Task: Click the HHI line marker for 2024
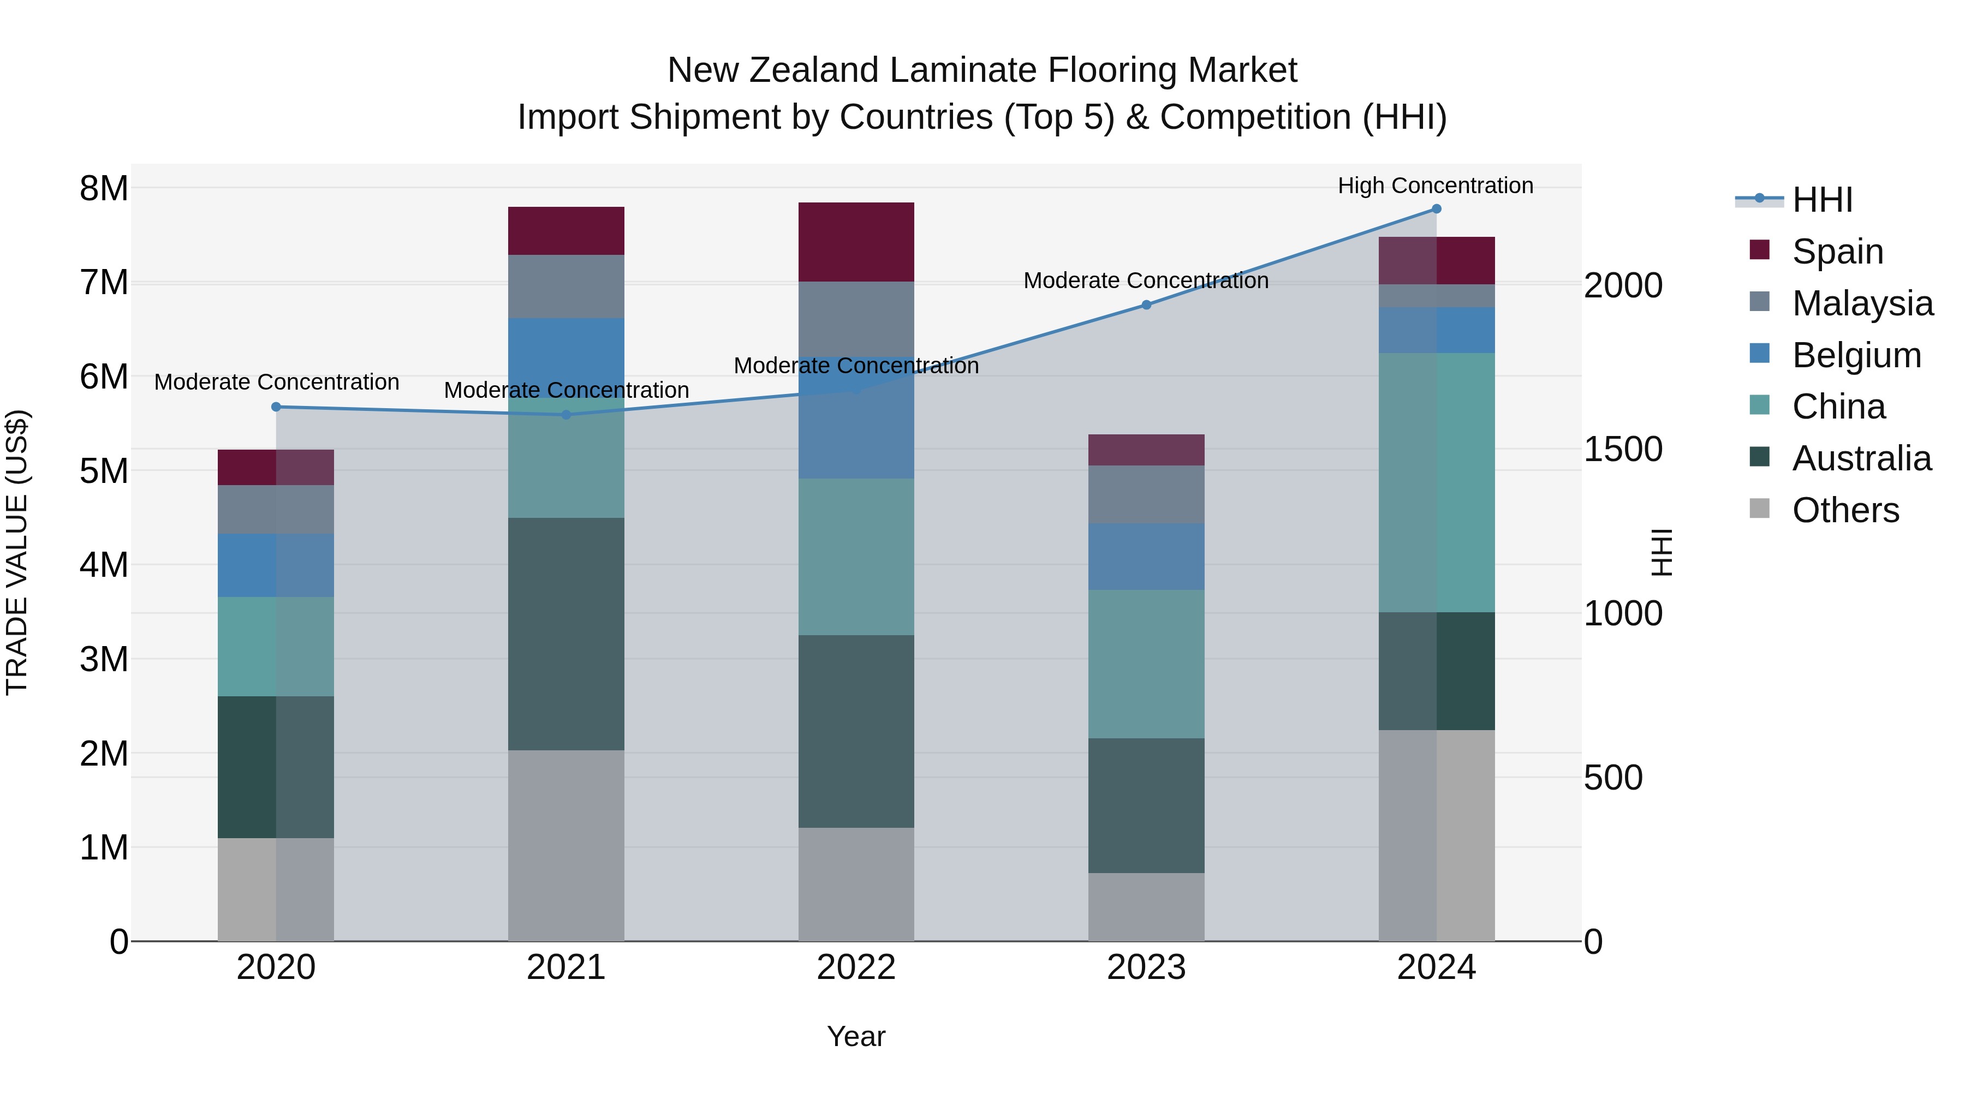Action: coord(1437,209)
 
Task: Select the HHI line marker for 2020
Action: coord(276,407)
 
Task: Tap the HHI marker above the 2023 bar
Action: coord(1146,305)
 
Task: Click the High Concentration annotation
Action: coord(1436,186)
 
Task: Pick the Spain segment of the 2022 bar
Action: coord(856,242)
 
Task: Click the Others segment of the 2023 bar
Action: coord(1146,907)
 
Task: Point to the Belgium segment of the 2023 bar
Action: coord(1146,557)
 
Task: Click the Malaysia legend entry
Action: coord(1862,303)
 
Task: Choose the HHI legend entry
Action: coord(1823,200)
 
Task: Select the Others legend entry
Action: coord(1845,510)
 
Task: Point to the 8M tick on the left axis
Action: coord(104,188)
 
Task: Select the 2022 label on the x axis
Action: coord(856,967)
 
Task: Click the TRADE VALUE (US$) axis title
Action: coord(17,552)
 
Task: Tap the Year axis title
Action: coord(856,1036)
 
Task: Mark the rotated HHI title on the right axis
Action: coord(1660,552)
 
